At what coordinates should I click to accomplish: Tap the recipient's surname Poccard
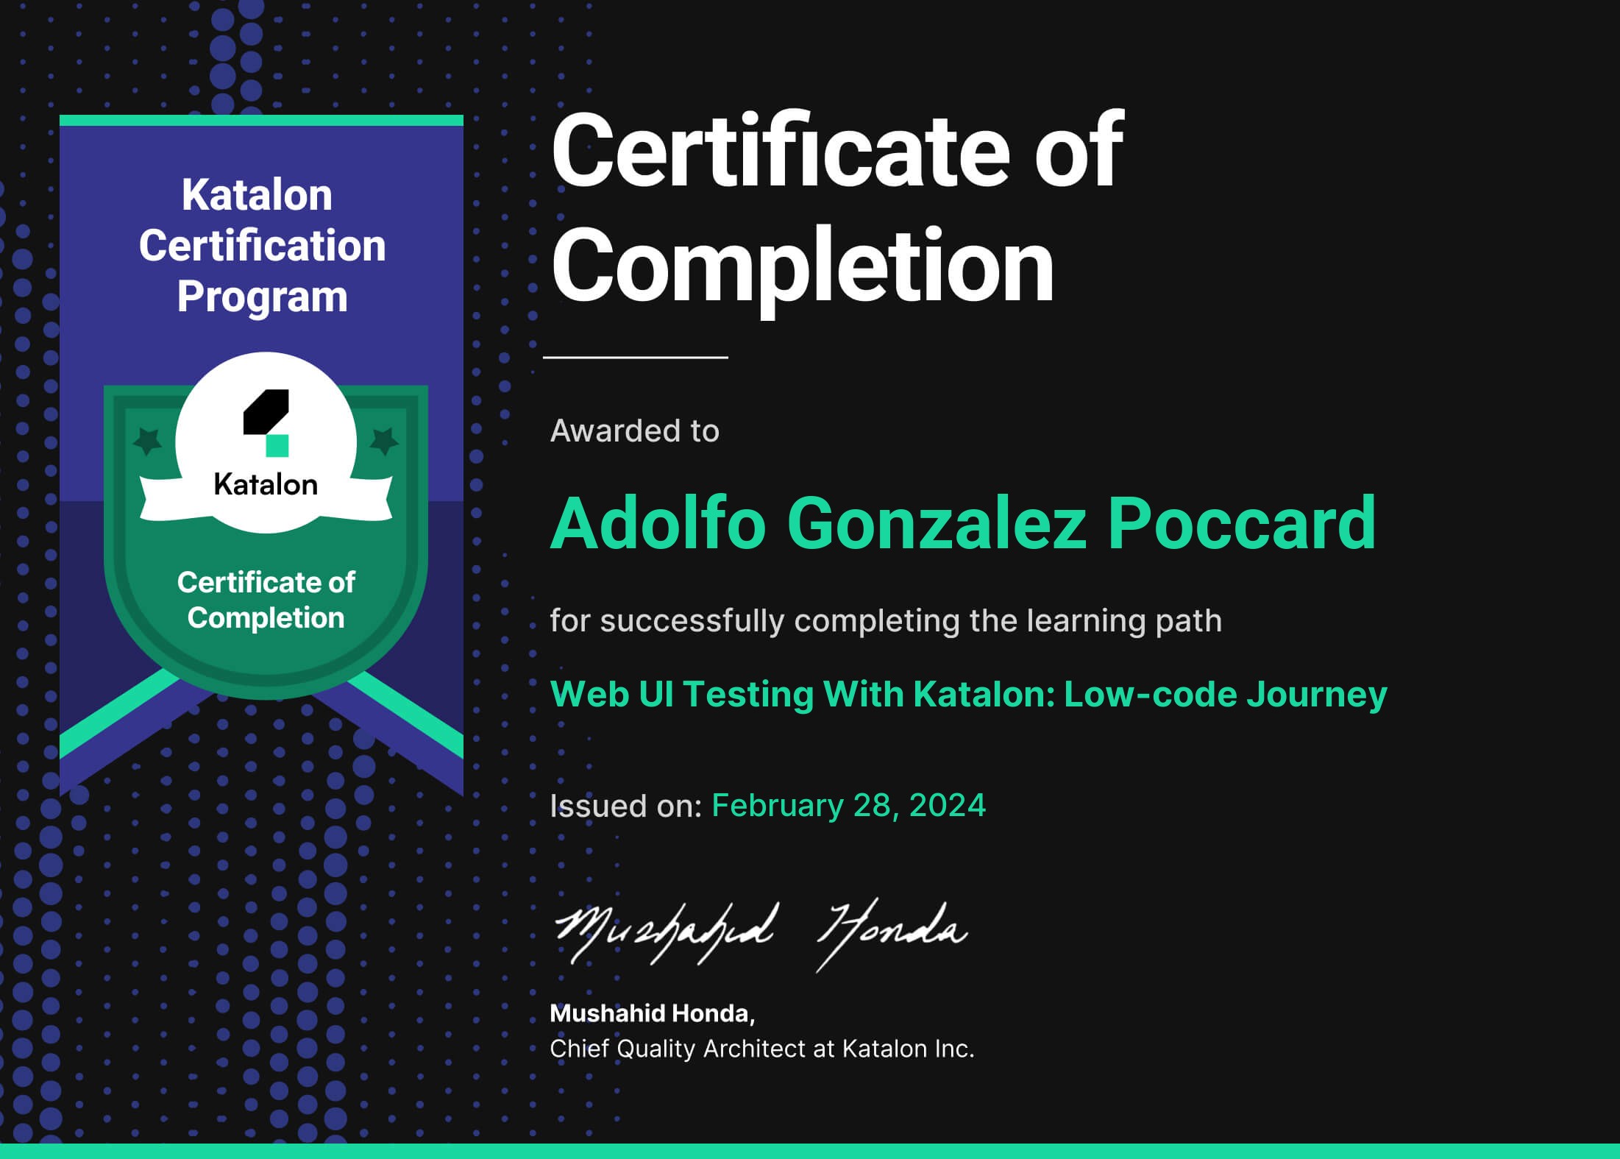[1241, 523]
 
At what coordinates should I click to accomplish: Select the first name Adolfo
[658, 523]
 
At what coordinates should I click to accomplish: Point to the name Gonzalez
[937, 523]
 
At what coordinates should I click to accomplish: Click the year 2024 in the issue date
[947, 805]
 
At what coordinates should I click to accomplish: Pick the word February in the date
[777, 807]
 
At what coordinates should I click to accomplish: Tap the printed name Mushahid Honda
[652, 1014]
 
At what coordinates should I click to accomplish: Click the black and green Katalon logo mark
[266, 422]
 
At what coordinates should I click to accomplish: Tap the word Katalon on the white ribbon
[266, 485]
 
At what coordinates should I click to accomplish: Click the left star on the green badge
[147, 441]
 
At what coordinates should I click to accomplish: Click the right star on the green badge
[383, 441]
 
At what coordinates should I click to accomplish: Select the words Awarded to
[635, 431]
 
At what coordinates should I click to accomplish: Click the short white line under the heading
[636, 358]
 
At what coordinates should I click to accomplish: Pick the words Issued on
[626, 807]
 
